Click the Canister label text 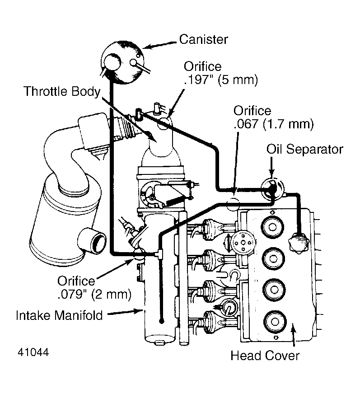coord(203,39)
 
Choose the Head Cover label coord(265,356)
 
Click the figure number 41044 coord(34,352)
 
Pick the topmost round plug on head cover coord(273,226)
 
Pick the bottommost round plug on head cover coord(273,322)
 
